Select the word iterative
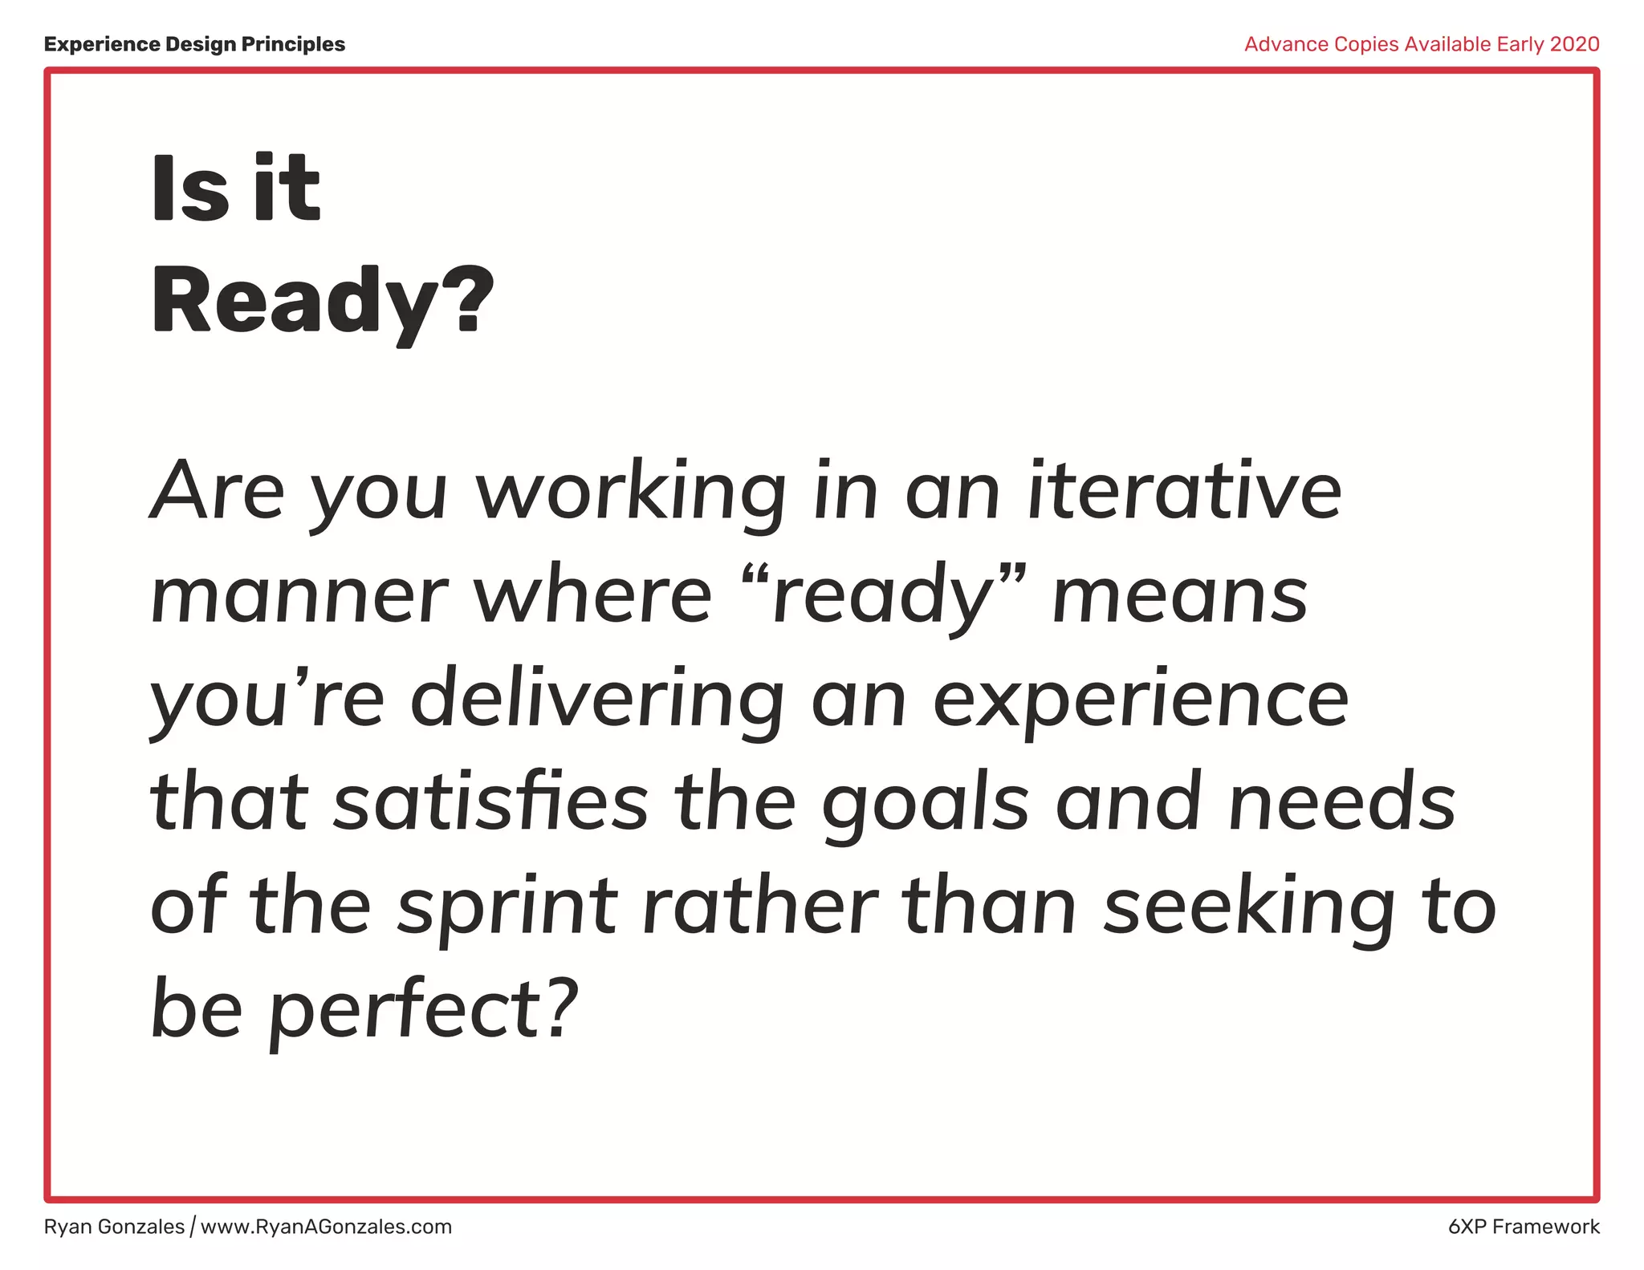(x=1185, y=490)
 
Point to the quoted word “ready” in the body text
(x=883, y=594)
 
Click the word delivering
(x=597, y=699)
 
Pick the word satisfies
(x=490, y=801)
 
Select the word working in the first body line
(x=631, y=492)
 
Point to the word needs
(x=1342, y=801)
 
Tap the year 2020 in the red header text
(x=1574, y=44)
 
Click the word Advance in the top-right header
(x=1286, y=44)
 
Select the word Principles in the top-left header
(x=293, y=44)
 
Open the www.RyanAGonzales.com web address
(x=326, y=1227)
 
